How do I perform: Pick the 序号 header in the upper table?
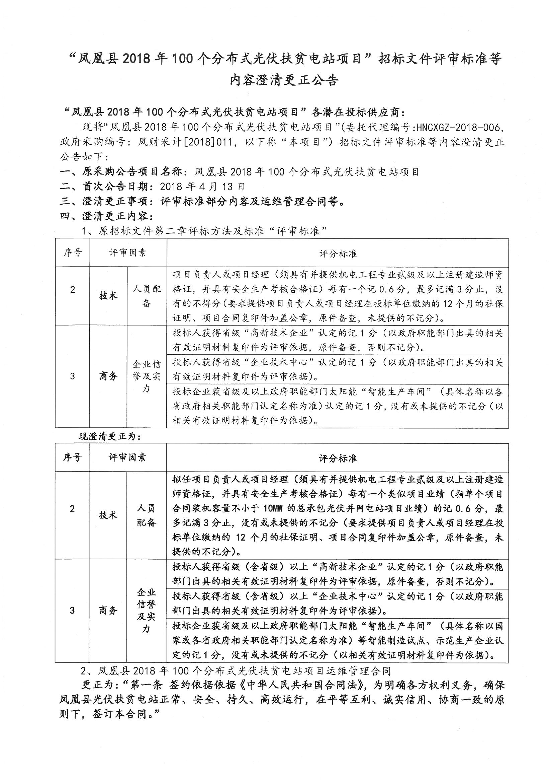[73, 253]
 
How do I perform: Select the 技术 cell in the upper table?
[108, 296]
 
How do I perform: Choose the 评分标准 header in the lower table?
[337, 458]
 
